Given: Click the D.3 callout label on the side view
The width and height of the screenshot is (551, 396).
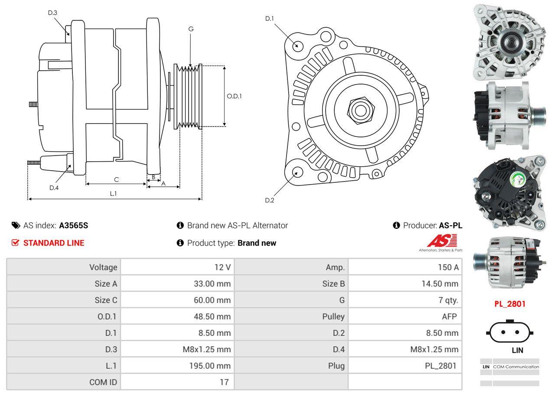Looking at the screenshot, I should tap(52, 13).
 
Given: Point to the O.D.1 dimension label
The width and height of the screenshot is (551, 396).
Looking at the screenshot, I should tap(234, 96).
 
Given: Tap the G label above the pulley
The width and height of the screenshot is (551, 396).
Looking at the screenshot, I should tap(191, 29).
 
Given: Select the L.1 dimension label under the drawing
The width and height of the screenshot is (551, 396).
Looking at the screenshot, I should tap(113, 194).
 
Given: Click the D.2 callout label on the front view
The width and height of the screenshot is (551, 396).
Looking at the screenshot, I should tap(270, 200).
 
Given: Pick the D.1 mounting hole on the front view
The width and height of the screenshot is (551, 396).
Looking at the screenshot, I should tap(297, 45).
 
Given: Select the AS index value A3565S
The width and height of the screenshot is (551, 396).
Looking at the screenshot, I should tap(74, 225).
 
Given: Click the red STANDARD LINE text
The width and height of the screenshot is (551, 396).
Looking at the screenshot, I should tap(54, 243).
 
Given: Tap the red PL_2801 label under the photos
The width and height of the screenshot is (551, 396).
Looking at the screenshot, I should tap(510, 304).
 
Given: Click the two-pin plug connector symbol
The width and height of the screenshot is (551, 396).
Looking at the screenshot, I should tap(510, 332).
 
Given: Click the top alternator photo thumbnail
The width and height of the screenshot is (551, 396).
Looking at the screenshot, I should tap(509, 42).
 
